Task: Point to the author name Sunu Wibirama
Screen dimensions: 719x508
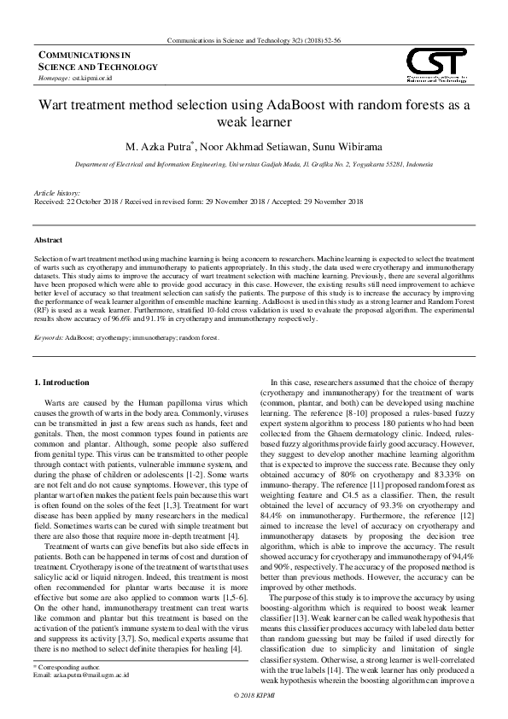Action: click(x=347, y=146)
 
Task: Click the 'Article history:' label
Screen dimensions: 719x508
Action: click(x=58, y=195)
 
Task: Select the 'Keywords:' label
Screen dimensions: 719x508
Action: click(x=48, y=338)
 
